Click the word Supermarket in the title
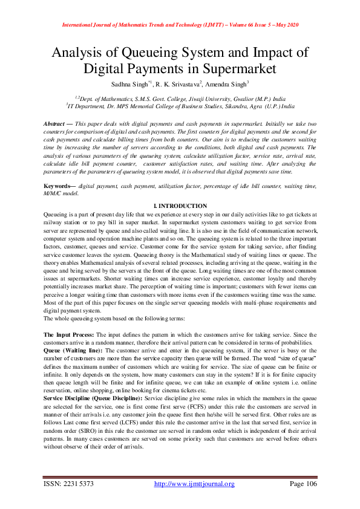click(232, 68)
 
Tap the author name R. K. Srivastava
click(180, 83)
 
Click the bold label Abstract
click(56, 123)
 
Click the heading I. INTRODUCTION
click(180, 206)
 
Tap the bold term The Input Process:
click(67, 334)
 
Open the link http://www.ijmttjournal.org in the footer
click(194, 484)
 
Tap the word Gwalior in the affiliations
click(232, 97)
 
